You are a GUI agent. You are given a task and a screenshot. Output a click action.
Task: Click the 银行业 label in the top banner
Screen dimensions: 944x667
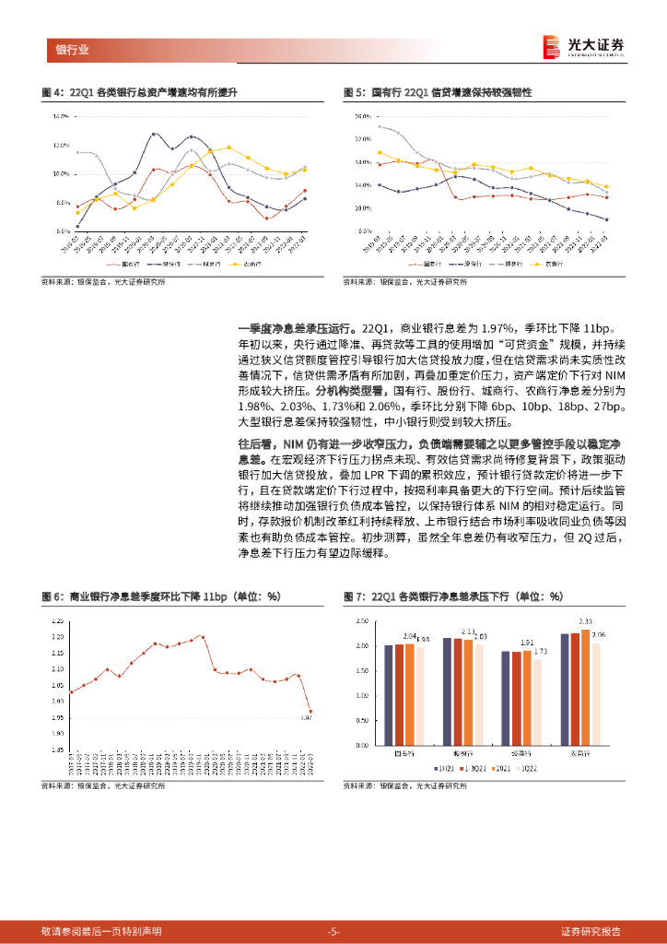pyautogui.click(x=72, y=50)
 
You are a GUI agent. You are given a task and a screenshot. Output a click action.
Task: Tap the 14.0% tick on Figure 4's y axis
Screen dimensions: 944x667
pyautogui.click(x=62, y=117)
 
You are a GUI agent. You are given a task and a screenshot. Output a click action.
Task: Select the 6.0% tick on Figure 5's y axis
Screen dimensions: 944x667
pyautogui.click(x=363, y=231)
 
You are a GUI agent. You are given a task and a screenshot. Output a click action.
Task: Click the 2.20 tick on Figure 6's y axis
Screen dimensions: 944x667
pyautogui.click(x=58, y=636)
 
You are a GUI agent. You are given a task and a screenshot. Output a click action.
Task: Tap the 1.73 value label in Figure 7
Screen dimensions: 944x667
pyautogui.click(x=539, y=651)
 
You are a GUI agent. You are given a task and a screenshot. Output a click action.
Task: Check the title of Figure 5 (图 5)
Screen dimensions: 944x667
pyautogui.click(x=438, y=93)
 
